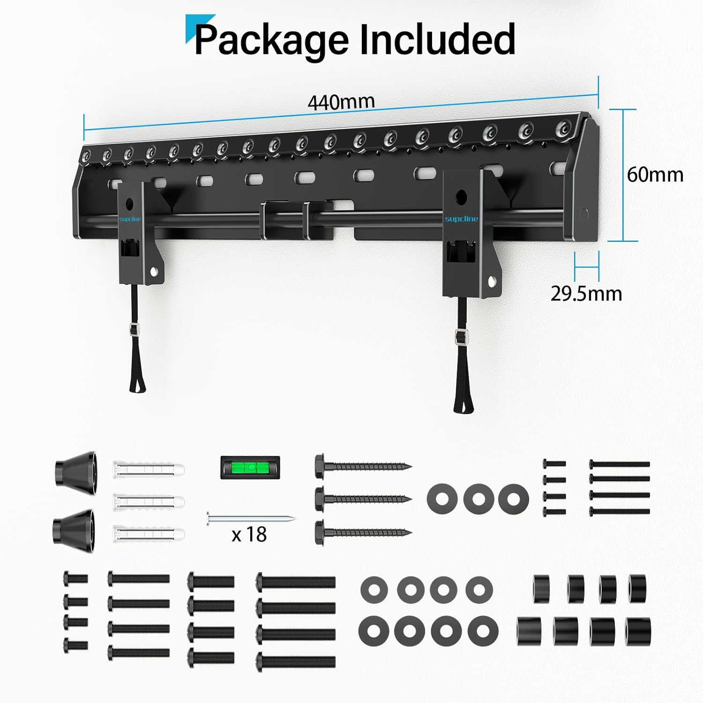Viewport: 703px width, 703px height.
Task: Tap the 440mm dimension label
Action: (341, 102)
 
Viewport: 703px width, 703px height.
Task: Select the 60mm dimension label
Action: (655, 175)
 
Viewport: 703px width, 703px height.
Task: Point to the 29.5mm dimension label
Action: (586, 294)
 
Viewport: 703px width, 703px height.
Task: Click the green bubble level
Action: (250, 468)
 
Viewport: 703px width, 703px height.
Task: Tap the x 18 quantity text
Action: (249, 534)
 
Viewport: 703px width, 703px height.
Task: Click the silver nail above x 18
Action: (251, 519)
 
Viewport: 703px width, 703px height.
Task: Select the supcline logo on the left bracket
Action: (129, 219)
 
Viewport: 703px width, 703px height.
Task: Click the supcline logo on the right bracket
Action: (461, 219)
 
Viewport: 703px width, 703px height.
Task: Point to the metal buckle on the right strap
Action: (461, 336)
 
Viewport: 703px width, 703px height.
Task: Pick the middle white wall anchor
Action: (149, 501)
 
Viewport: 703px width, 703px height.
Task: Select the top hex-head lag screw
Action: (363, 466)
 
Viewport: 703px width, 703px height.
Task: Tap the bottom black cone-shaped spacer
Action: (74, 527)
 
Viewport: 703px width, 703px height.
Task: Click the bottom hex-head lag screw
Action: (363, 532)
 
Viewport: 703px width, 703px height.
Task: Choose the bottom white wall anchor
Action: (149, 533)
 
